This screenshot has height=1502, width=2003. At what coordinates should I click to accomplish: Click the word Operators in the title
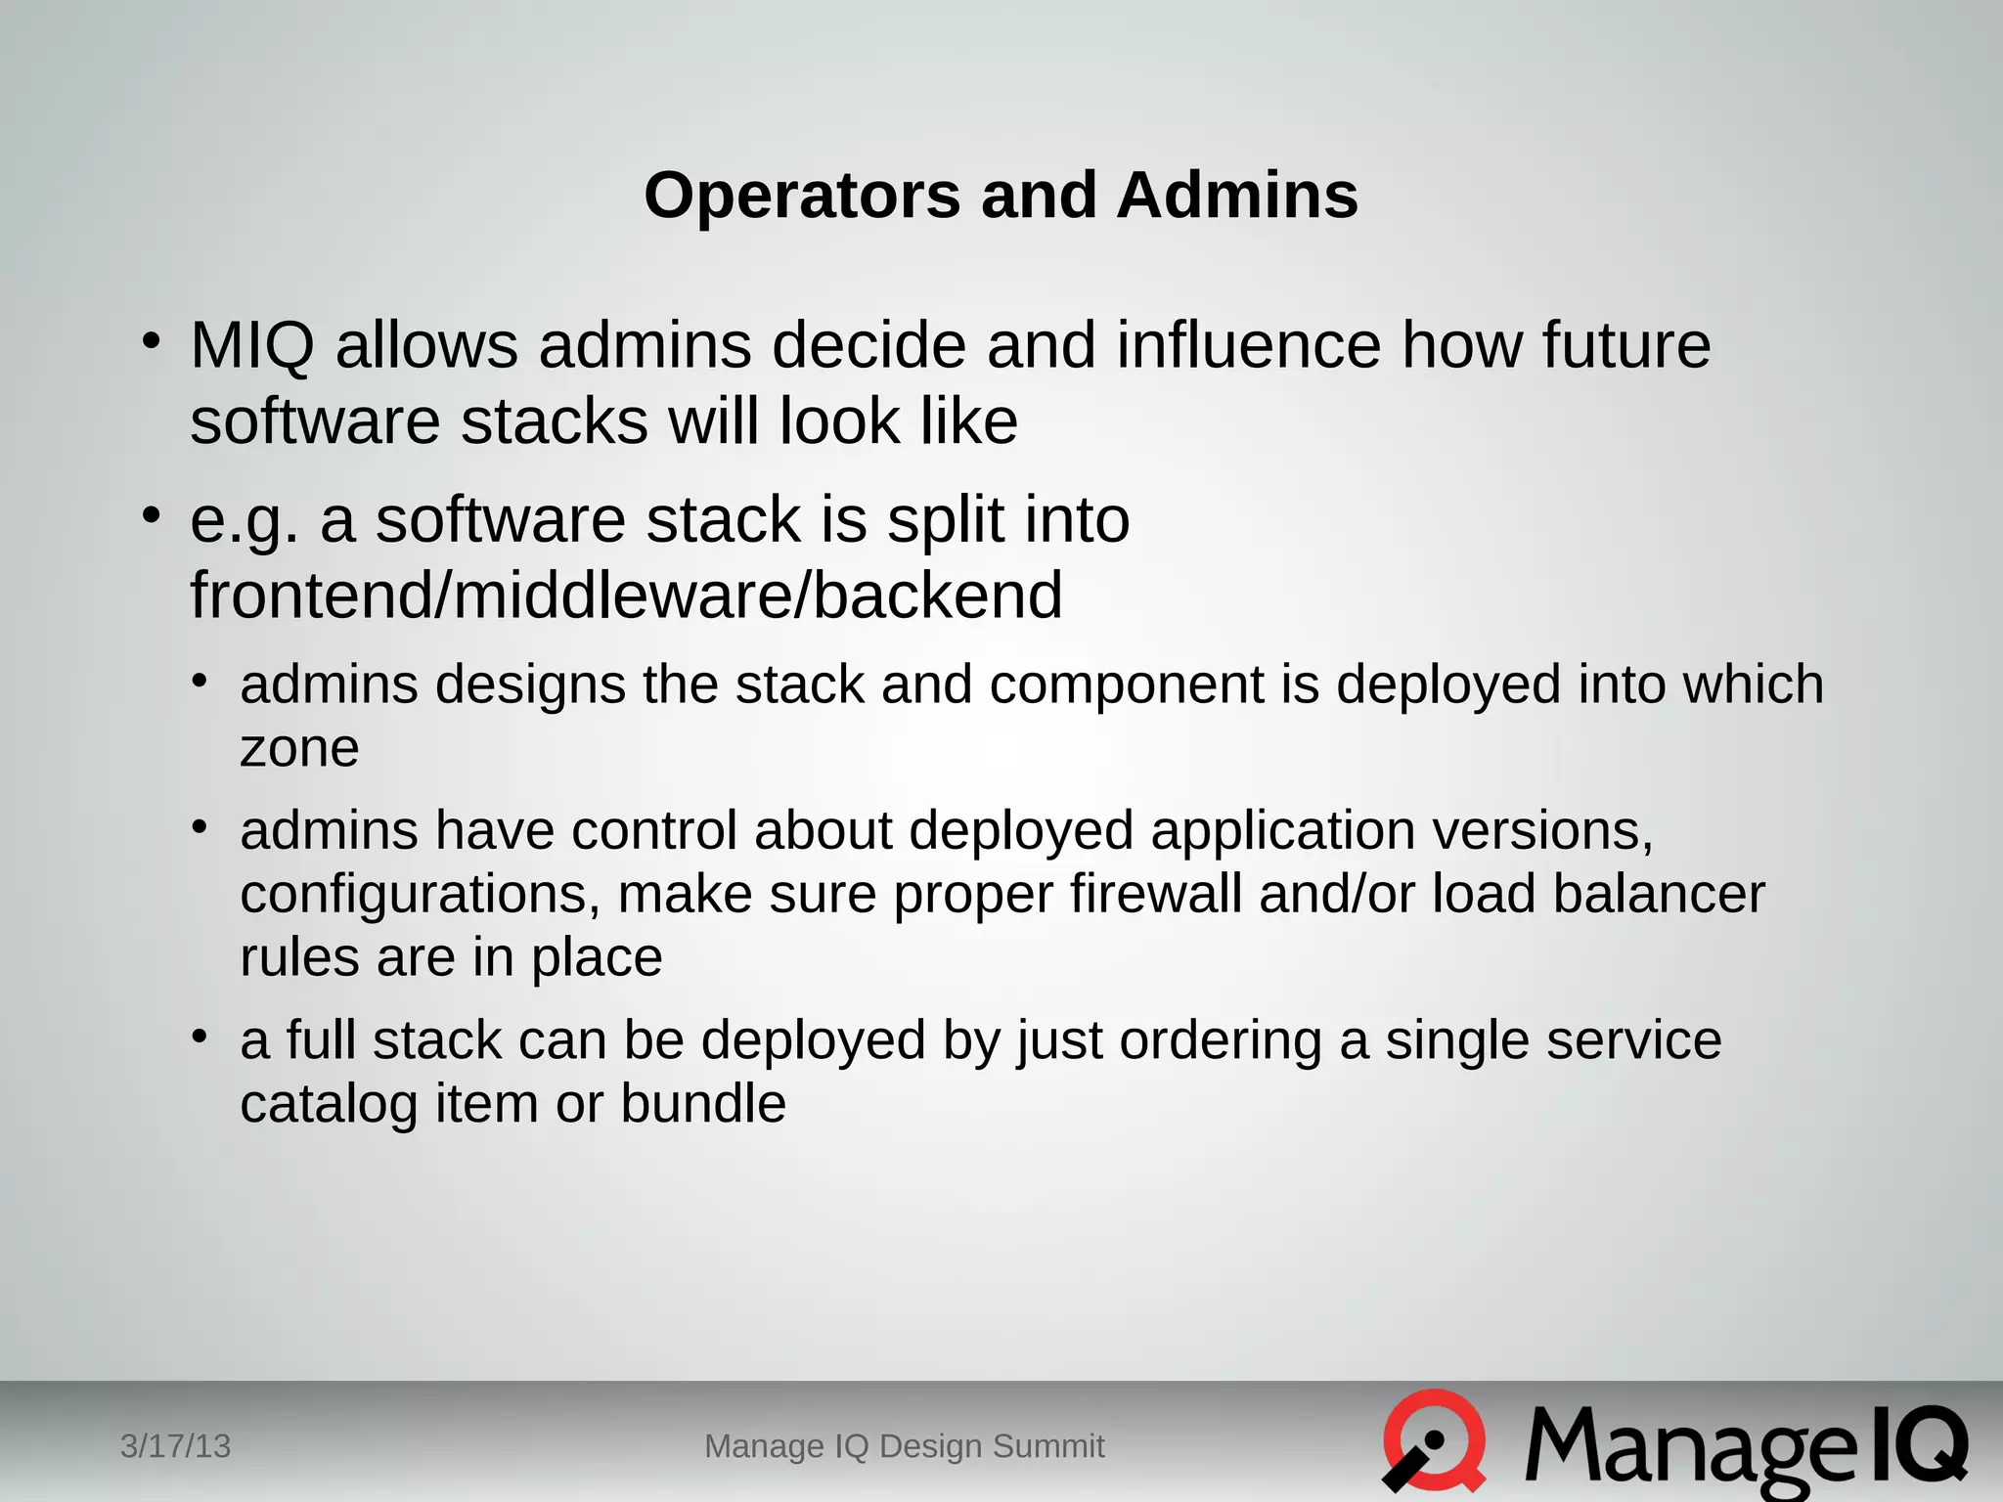(x=802, y=196)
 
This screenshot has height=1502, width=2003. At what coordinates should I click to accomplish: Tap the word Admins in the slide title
(x=1237, y=196)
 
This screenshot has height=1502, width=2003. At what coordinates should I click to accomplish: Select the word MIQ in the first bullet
(x=252, y=346)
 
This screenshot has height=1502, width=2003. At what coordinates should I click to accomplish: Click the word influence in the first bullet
(x=1249, y=346)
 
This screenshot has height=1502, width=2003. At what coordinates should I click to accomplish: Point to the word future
(x=1626, y=346)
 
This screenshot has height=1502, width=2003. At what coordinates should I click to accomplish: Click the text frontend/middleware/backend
(x=626, y=596)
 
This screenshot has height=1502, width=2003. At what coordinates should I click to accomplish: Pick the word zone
(x=299, y=749)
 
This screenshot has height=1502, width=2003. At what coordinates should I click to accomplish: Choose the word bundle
(x=703, y=1104)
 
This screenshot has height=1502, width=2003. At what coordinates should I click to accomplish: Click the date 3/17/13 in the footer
(x=175, y=1446)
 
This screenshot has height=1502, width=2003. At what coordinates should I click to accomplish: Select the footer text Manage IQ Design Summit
(x=904, y=1446)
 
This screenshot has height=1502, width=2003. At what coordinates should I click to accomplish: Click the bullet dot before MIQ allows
(x=150, y=342)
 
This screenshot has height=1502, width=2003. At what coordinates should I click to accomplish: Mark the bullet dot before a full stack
(x=200, y=1036)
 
